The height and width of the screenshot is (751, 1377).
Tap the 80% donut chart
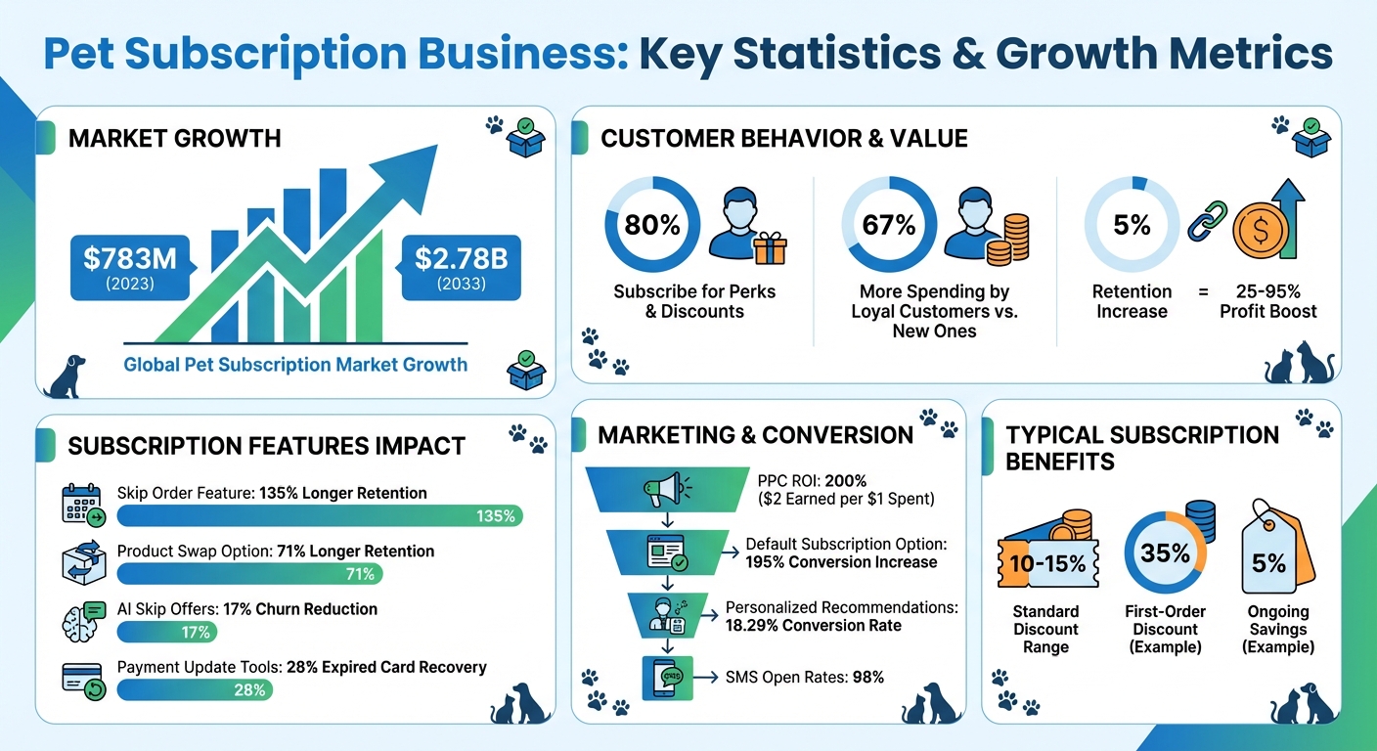coord(652,225)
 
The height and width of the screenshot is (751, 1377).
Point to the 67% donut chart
coord(889,225)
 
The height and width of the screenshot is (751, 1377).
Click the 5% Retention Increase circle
coord(1132,225)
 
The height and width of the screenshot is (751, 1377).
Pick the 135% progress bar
coord(320,515)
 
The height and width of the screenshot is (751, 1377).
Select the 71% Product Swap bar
coord(249,573)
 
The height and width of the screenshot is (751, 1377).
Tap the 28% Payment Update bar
coord(195,689)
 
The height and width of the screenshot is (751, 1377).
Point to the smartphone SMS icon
coord(668,678)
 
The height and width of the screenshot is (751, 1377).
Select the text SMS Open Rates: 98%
coord(805,677)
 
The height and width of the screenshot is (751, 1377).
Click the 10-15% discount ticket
coord(1045,563)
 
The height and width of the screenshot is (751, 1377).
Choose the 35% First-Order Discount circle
coord(1165,553)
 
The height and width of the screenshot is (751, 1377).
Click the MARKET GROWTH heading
coord(174,139)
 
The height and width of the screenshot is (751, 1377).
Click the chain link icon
coord(1206,221)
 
